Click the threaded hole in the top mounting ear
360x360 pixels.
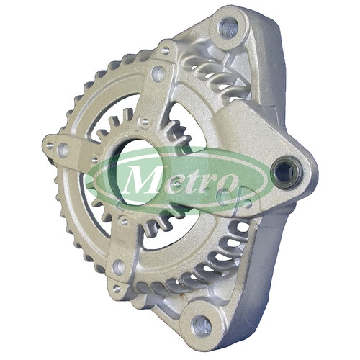point(228,28)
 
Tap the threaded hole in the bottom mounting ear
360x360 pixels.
point(202,325)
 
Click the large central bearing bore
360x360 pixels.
point(138,172)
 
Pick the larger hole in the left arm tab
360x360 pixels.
point(63,149)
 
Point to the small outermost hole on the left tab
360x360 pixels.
point(49,145)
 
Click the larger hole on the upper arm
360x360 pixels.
point(158,71)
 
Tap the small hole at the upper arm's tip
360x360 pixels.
point(165,50)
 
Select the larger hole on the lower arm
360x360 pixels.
point(119,266)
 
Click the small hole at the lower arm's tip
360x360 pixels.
point(117,288)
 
